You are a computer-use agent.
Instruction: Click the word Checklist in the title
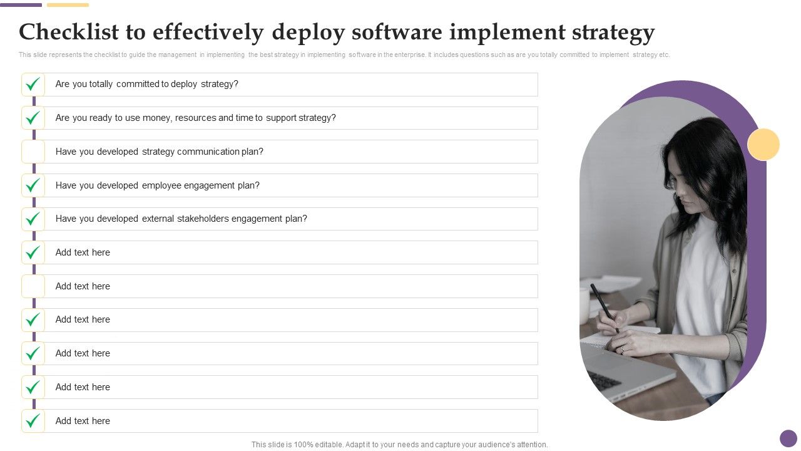click(69, 32)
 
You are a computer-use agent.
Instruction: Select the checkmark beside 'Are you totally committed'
click(33, 85)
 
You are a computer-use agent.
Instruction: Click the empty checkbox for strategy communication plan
click(33, 152)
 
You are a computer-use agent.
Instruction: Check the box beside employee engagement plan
click(33, 185)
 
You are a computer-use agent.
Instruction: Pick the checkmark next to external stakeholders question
click(33, 219)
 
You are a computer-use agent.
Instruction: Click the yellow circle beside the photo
click(763, 144)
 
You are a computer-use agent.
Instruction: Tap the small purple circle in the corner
click(788, 438)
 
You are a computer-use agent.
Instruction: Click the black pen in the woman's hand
click(605, 308)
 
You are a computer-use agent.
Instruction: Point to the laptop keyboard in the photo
click(604, 381)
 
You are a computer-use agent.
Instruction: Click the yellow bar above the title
click(68, 5)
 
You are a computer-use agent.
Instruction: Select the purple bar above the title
click(21, 5)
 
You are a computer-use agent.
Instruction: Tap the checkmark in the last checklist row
click(33, 421)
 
